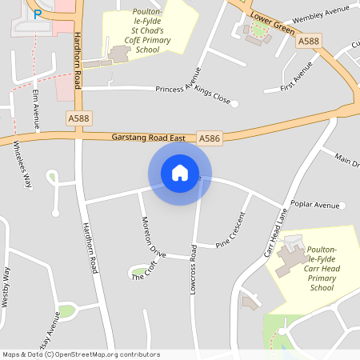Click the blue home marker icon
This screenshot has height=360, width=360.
click(180, 173)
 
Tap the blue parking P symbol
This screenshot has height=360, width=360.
click(38, 14)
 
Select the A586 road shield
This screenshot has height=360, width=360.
click(210, 138)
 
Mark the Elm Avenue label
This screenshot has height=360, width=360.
click(36, 109)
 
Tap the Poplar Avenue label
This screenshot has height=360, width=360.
click(316, 205)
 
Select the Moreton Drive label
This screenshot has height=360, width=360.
click(154, 236)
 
